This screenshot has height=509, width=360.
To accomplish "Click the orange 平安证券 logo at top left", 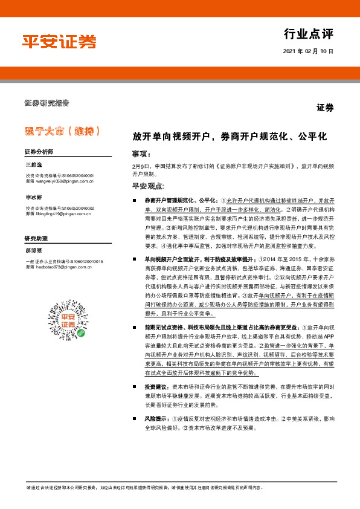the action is pyautogui.click(x=59, y=41).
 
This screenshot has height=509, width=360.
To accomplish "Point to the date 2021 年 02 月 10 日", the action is pyautogui.click(x=307, y=52).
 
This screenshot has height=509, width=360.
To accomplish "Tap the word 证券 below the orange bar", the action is pyautogui.click(x=325, y=108).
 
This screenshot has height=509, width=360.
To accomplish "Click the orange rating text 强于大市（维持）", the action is pyautogui.click(x=58, y=131).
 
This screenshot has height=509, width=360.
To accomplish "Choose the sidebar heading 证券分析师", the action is pyautogui.click(x=39, y=151).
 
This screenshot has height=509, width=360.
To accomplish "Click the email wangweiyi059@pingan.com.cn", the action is pyautogui.click(x=63, y=180).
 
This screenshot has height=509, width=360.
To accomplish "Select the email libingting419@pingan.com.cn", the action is pyautogui.click(x=63, y=213).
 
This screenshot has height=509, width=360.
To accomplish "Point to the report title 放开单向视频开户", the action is pyautogui.click(x=230, y=136).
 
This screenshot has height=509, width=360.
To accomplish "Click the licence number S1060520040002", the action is pyautogui.click(x=74, y=208).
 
